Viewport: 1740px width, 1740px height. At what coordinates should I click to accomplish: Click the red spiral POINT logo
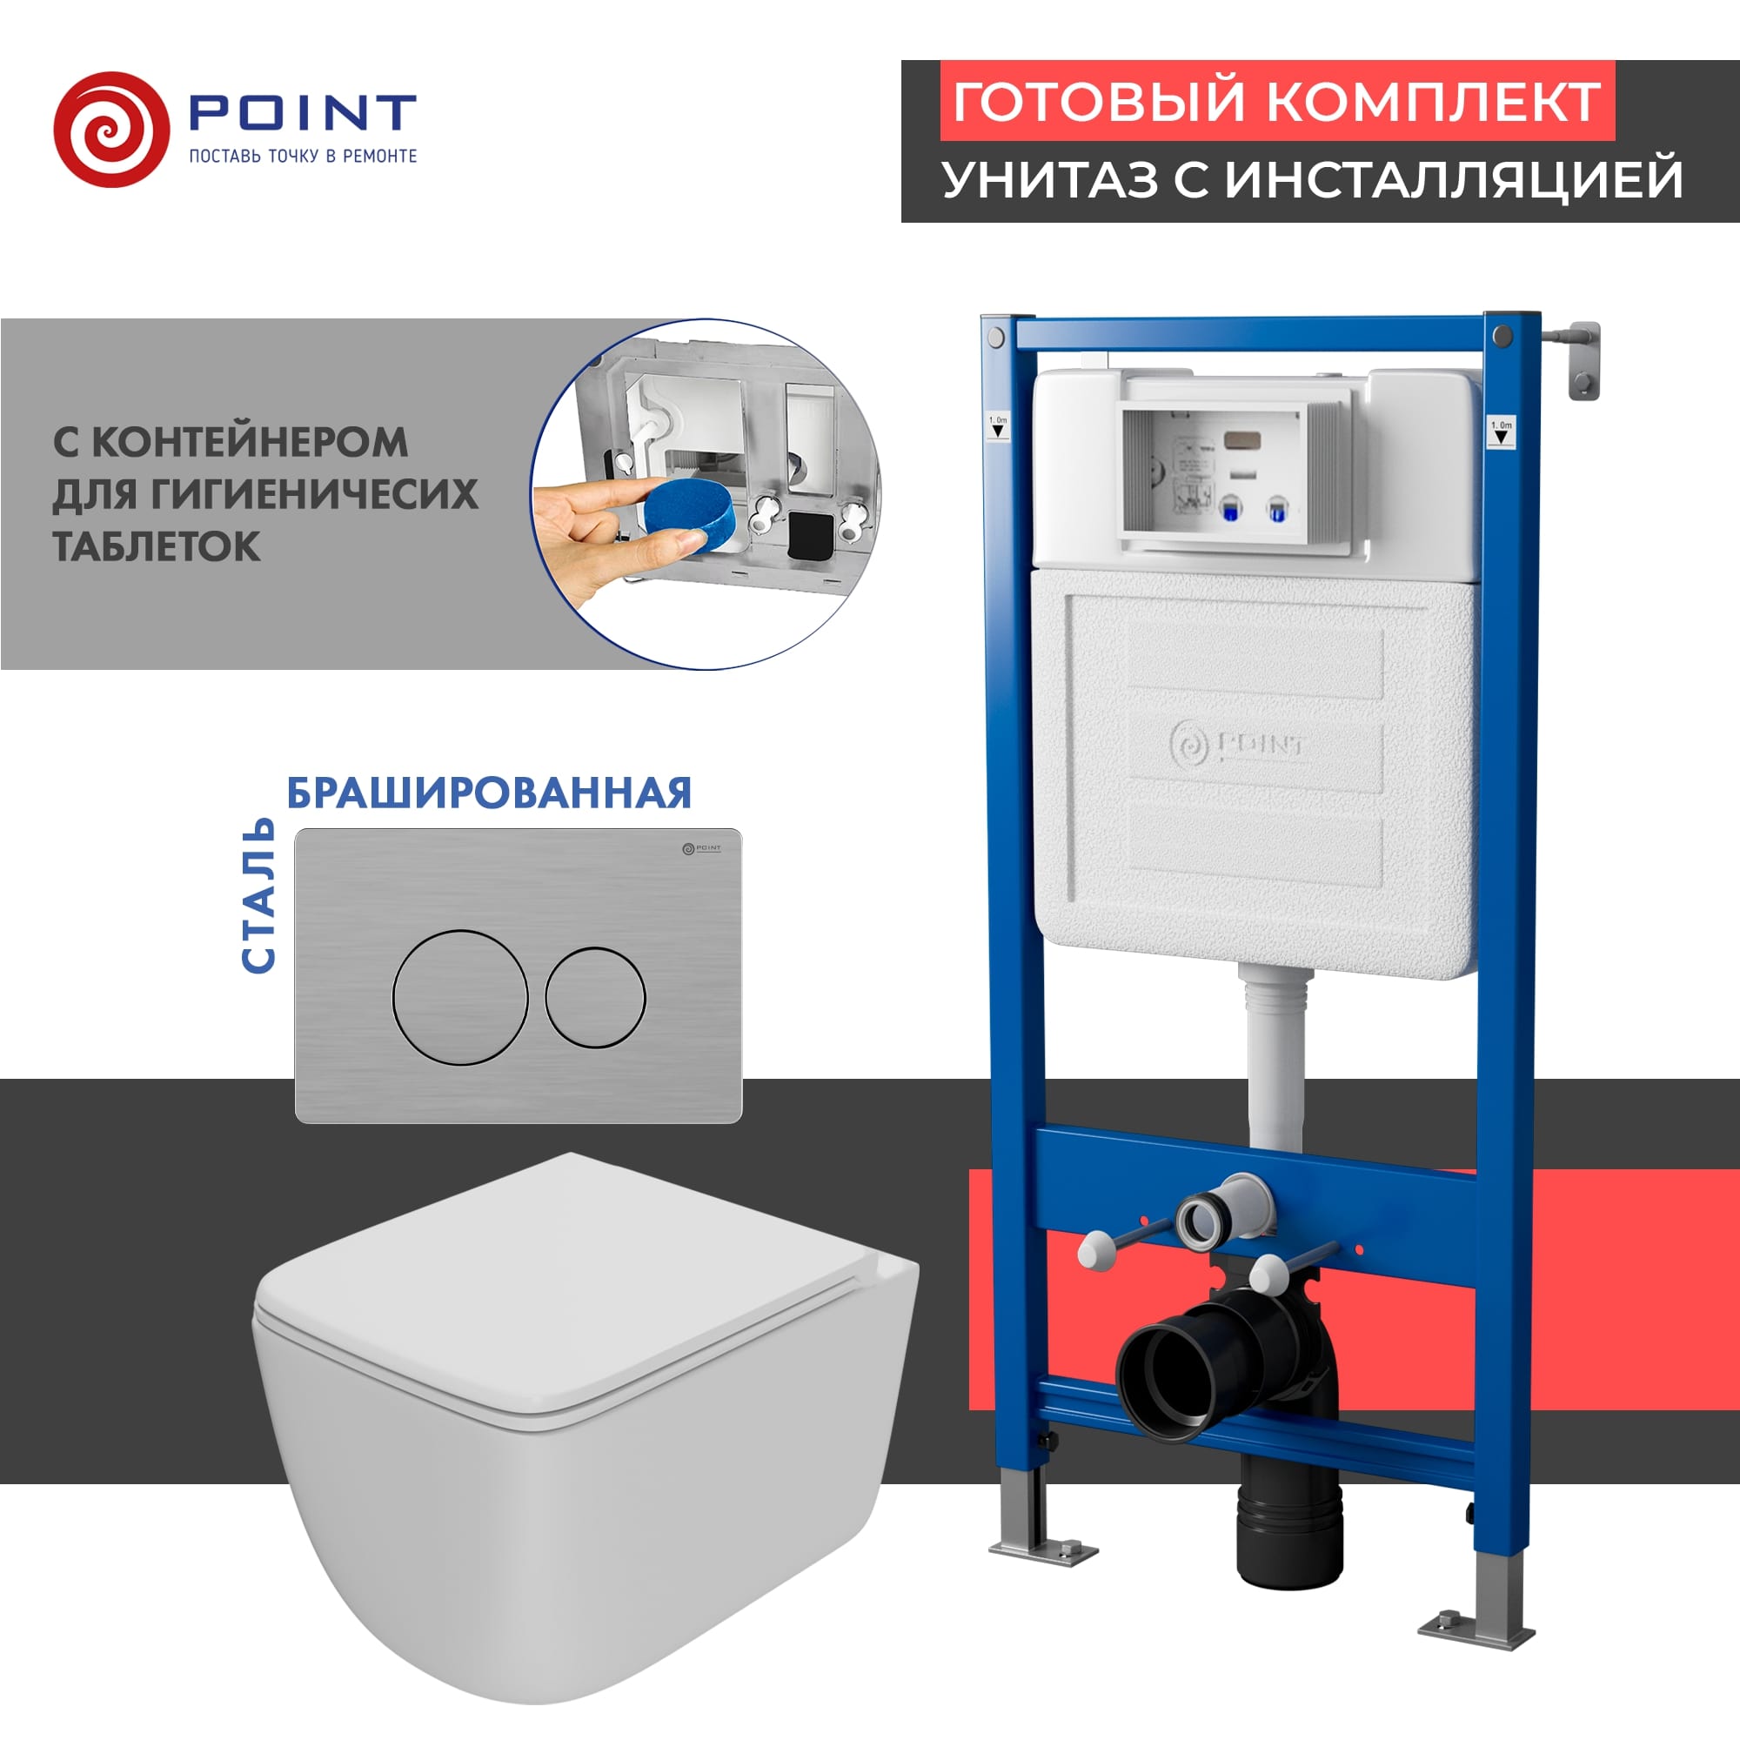[110, 130]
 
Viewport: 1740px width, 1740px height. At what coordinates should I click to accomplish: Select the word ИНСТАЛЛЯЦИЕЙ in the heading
[1454, 178]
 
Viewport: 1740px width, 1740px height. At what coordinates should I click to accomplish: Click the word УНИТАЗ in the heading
[1049, 178]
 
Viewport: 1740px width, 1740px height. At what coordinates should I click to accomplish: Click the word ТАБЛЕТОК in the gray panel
[157, 546]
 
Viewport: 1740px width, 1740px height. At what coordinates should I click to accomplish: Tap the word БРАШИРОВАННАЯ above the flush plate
[489, 793]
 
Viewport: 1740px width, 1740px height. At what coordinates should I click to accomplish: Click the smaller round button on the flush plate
[594, 997]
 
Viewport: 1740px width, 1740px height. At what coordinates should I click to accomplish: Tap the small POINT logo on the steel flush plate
[700, 847]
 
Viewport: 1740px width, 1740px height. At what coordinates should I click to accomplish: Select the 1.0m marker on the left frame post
[998, 426]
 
